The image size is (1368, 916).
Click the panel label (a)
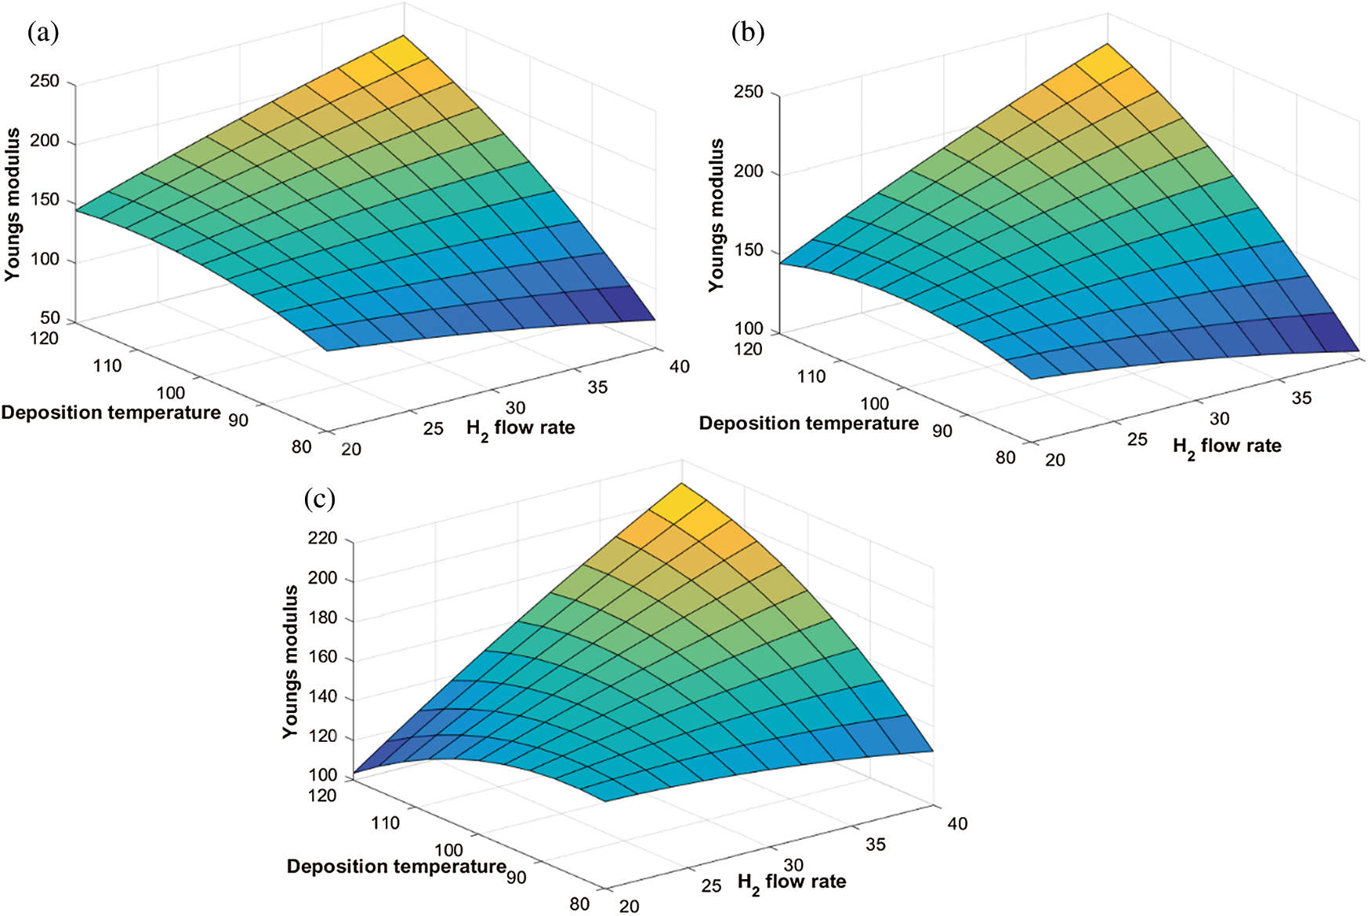click(43, 32)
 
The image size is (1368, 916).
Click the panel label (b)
click(747, 32)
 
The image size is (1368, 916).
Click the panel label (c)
click(320, 499)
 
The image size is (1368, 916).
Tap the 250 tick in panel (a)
click(45, 82)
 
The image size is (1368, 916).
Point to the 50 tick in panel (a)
click(50, 318)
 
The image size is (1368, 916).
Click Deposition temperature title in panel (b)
click(808, 423)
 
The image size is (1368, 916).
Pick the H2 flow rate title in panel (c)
click(792, 882)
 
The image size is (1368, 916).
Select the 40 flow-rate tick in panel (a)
click(679, 366)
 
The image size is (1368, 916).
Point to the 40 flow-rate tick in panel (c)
click(957, 823)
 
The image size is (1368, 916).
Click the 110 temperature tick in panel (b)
click(811, 376)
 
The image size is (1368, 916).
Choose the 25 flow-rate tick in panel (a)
click(434, 428)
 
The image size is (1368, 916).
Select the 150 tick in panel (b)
click(748, 250)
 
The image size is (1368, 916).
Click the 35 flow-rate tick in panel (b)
click(1301, 398)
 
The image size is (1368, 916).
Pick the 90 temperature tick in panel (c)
click(516, 877)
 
